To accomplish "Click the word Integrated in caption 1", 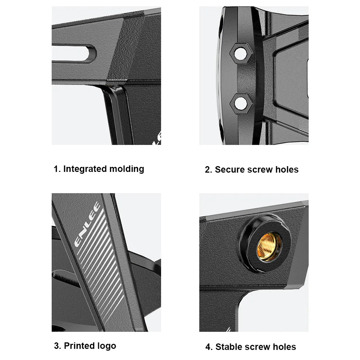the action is pyautogui.click(x=85, y=169).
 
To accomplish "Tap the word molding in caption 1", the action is pyautogui.click(x=127, y=169).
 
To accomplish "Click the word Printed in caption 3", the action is pyautogui.click(x=79, y=346).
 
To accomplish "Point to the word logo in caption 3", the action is pyautogui.click(x=107, y=346).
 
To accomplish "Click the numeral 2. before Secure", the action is pyautogui.click(x=209, y=170).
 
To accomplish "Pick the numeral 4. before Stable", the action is pyautogui.click(x=209, y=347).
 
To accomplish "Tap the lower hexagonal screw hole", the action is pyautogui.click(x=241, y=103).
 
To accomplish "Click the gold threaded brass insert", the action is pyautogui.click(x=269, y=247).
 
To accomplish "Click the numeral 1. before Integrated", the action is pyautogui.click(x=57, y=169).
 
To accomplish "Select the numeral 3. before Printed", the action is pyautogui.click(x=58, y=346).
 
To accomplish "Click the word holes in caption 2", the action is pyautogui.click(x=287, y=169).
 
